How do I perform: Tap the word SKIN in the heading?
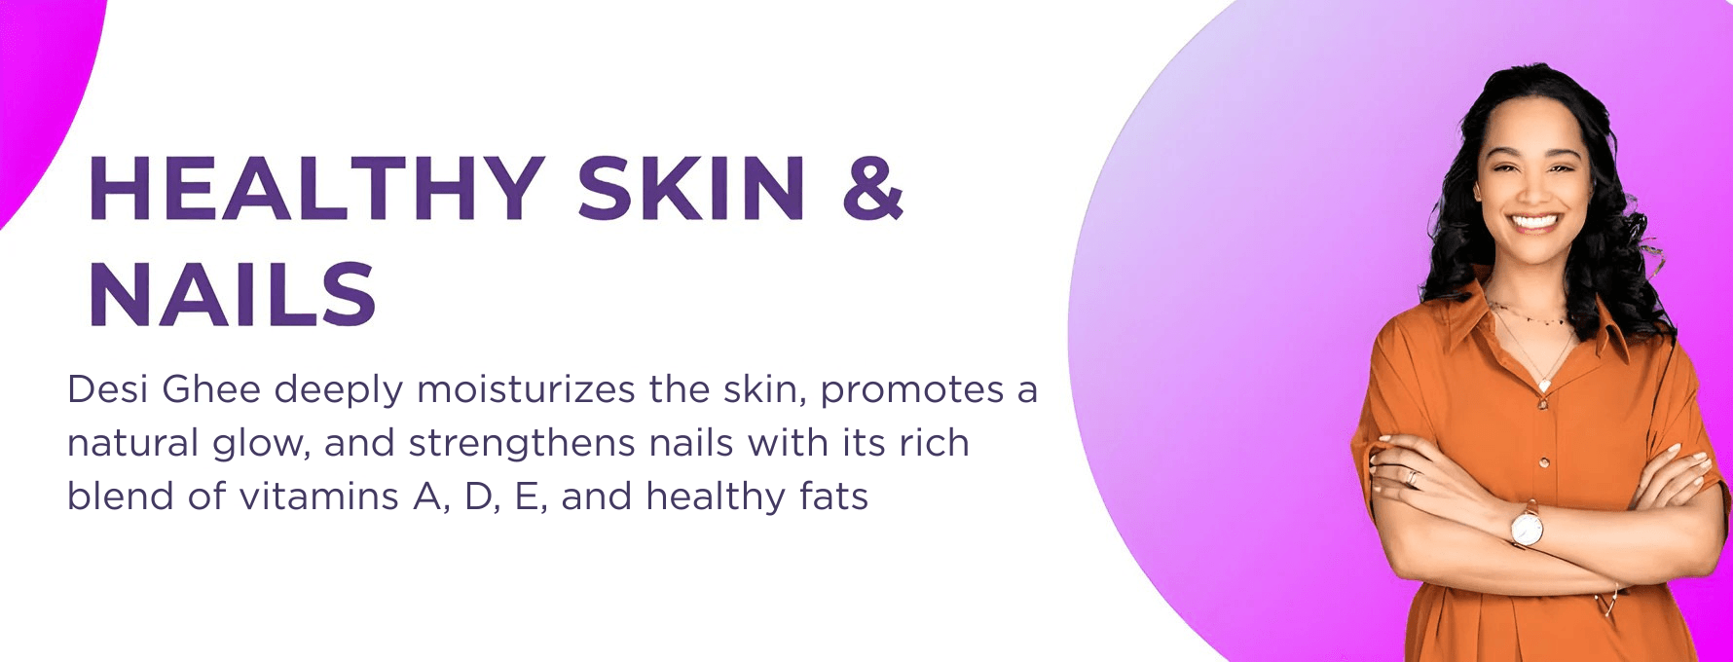(x=691, y=188)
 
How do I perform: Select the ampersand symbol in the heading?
(x=873, y=188)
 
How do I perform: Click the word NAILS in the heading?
(x=233, y=294)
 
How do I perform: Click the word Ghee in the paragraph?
(x=211, y=389)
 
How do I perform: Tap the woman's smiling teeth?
(x=1534, y=221)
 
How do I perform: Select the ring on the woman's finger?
(x=1412, y=477)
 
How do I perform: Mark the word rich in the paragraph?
(x=934, y=443)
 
